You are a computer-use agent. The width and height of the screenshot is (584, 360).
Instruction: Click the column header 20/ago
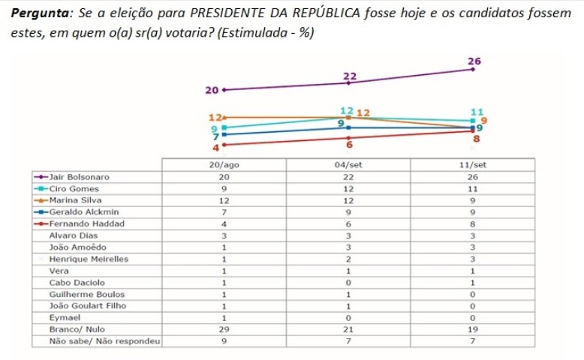point(224,166)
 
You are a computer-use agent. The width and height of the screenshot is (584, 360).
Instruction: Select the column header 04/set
point(347,166)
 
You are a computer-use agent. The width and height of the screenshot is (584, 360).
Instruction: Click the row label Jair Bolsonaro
point(79,177)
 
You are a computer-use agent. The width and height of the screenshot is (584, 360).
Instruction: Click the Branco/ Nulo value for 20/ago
point(224,329)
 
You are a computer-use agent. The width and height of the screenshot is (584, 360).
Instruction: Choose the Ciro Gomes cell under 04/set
point(347,189)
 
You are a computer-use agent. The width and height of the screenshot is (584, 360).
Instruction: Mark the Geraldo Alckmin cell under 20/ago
point(224,212)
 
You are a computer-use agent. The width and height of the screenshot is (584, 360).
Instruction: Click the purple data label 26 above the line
point(474,61)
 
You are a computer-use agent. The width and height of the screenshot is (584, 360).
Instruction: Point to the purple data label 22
point(349,76)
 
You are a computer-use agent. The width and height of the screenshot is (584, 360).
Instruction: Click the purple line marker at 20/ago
point(224,90)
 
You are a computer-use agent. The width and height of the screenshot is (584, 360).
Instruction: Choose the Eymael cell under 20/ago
point(224,318)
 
